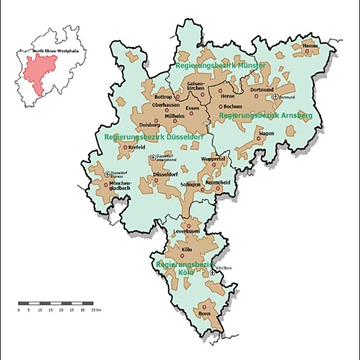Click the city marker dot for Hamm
pos(307,51)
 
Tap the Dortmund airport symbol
pos(275,96)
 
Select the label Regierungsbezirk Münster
pos(220,65)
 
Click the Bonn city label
pos(204,313)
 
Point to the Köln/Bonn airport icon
pos(213,272)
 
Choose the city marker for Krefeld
pos(126,147)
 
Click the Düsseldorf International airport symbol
pos(153,158)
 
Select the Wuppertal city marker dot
pos(214,165)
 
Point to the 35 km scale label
pos(96,310)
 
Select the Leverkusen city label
pos(186,231)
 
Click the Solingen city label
pos(190,185)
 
